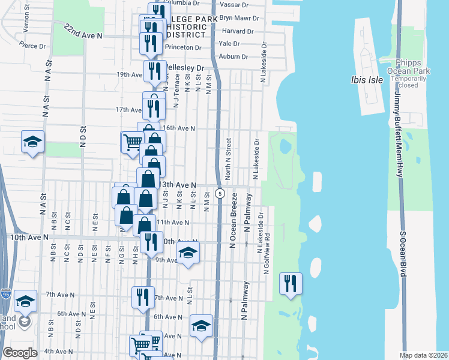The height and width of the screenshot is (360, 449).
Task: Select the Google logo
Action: click(20, 353)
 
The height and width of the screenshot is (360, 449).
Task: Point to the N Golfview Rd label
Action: click(267, 254)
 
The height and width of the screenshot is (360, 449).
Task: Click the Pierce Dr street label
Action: click(32, 45)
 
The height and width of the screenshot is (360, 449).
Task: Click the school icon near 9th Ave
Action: click(188, 253)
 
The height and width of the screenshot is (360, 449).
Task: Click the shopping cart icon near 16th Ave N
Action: click(133, 142)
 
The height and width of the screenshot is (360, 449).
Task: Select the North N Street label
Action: click(228, 159)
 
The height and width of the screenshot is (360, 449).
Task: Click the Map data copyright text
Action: click(423, 355)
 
